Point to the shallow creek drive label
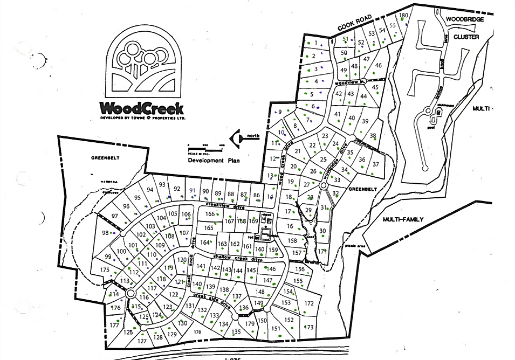(x=237, y=258)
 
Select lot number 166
(x=210, y=214)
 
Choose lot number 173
(x=309, y=327)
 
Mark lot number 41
(x=338, y=114)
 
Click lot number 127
(x=142, y=341)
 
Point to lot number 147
(x=268, y=280)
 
